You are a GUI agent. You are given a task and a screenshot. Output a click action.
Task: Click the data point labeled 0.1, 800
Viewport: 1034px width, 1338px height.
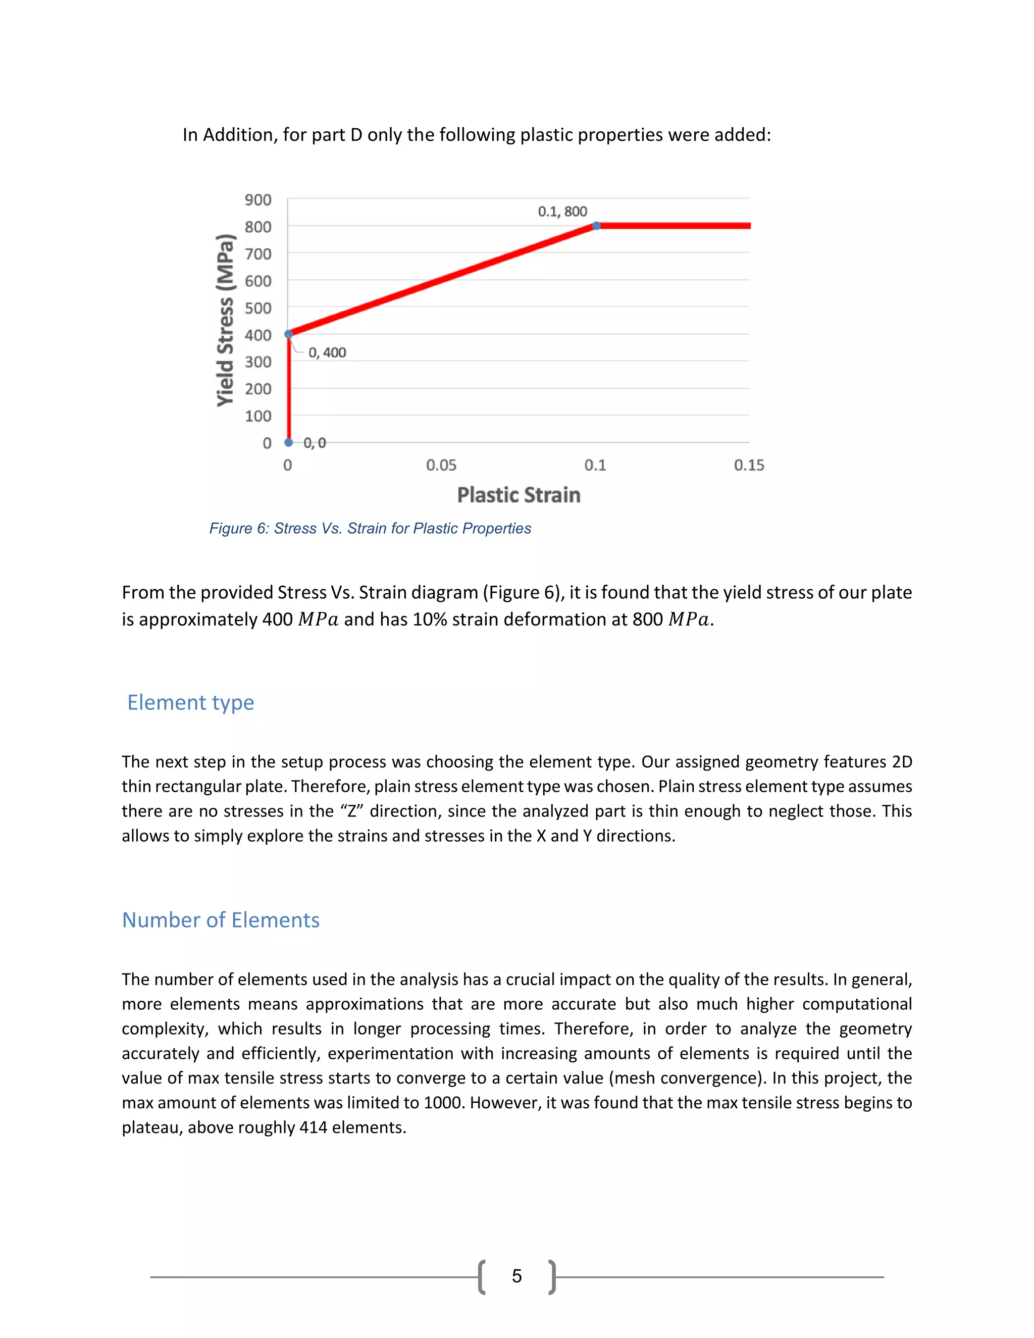[x=597, y=226]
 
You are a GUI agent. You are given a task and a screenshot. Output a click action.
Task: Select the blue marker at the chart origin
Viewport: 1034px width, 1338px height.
[x=288, y=442]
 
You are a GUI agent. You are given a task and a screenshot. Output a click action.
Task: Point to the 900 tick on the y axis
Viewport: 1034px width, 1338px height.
[x=258, y=200]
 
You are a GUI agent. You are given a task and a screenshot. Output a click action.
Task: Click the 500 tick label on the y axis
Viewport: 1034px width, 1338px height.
[x=258, y=308]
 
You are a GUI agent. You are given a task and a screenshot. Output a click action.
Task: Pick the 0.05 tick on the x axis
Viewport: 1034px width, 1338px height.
[x=441, y=465]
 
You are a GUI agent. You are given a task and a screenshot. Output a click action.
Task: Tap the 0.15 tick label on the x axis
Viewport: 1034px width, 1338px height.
[x=749, y=465]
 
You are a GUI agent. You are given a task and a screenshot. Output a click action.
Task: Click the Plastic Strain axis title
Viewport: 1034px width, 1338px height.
[x=518, y=495]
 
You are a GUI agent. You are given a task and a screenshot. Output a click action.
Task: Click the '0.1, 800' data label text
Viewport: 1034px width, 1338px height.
[x=562, y=212]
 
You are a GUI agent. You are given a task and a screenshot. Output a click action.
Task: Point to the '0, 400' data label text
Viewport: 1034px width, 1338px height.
[x=327, y=353]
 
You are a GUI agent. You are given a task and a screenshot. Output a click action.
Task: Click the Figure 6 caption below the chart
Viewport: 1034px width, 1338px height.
[x=370, y=528]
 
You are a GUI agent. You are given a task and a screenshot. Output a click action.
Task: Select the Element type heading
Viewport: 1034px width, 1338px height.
[x=190, y=702]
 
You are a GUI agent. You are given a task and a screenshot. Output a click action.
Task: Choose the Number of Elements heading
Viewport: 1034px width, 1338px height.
[x=221, y=920]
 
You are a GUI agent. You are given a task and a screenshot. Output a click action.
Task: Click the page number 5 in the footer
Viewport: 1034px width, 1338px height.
[x=517, y=1276]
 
